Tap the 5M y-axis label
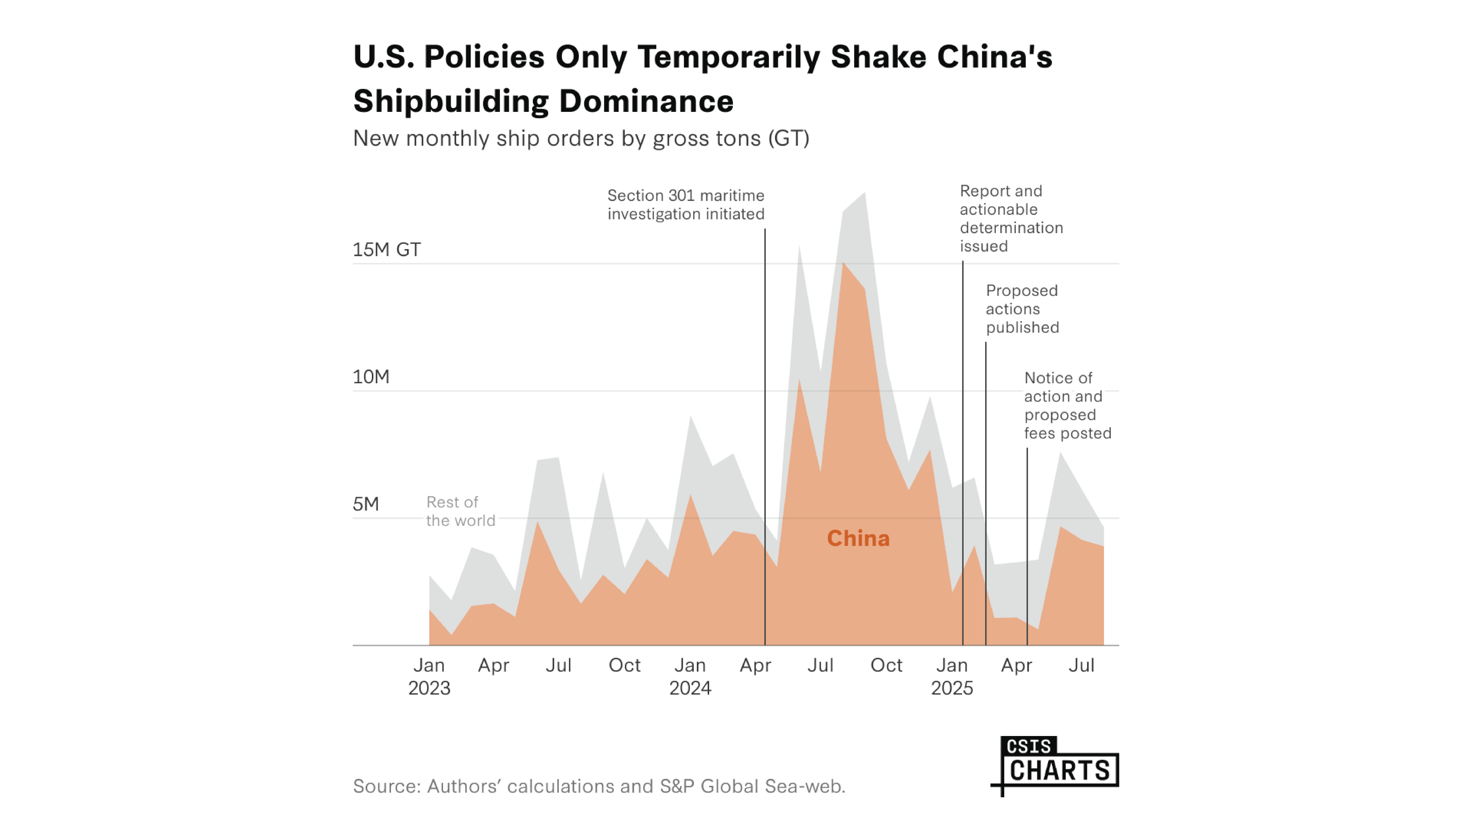(366, 504)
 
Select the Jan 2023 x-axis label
(429, 677)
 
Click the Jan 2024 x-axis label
(690, 677)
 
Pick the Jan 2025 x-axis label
(952, 677)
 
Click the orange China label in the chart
(858, 538)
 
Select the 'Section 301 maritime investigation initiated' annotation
(686, 205)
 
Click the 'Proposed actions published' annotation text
(1022, 309)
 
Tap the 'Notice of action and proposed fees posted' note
(1067, 406)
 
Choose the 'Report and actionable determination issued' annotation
(1011, 218)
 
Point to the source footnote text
(599, 786)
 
